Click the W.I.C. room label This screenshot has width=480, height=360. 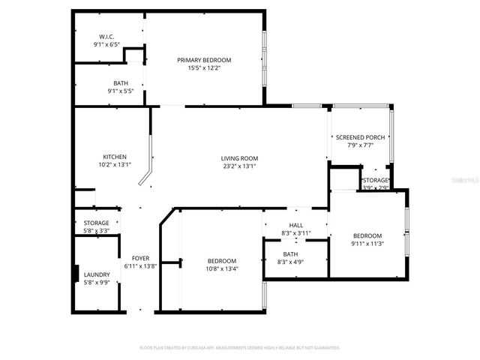click(106, 37)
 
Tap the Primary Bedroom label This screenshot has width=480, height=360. click(204, 60)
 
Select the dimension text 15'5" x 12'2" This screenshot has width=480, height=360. click(204, 67)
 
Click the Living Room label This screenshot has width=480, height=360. click(239, 158)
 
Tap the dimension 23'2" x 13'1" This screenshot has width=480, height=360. click(239, 166)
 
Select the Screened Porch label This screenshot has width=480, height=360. click(360, 137)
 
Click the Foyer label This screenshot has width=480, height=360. click(140, 258)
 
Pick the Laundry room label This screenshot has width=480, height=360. click(96, 274)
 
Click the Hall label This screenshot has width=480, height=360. click(295, 226)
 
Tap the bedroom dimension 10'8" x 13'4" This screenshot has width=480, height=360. click(221, 268)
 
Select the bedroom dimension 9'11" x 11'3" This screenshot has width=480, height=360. click(367, 243)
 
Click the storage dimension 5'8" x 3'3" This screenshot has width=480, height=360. click(96, 231)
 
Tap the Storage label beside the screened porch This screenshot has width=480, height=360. click(375, 181)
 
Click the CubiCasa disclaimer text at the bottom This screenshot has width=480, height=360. click(240, 348)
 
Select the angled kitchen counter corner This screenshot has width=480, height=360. click(145, 180)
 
